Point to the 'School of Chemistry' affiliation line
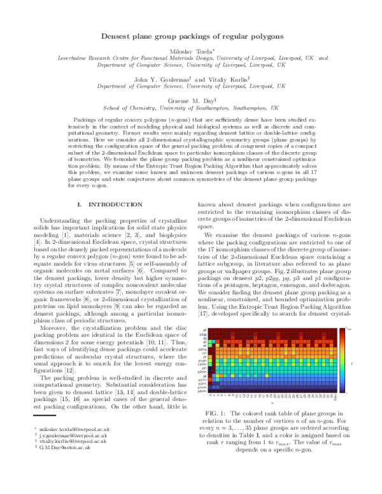pyautogui.click(x=191, y=108)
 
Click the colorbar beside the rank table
pyautogui.click(x=342, y=360)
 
